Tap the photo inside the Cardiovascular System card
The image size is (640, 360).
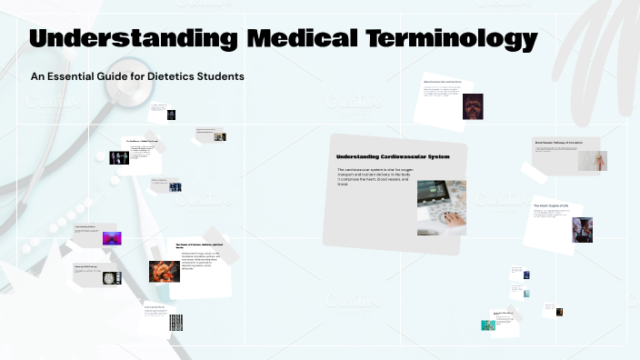click(x=442, y=208)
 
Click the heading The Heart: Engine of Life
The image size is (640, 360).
click(x=552, y=205)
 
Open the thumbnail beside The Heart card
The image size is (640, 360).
click(x=582, y=229)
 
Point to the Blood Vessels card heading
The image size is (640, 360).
click(x=557, y=143)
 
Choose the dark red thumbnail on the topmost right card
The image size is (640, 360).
click(x=473, y=106)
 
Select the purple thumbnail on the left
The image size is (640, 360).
click(x=112, y=239)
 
